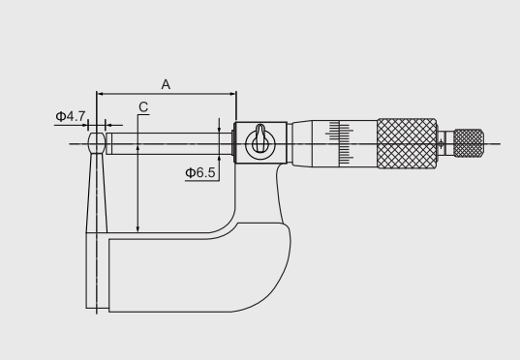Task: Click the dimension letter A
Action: [x=166, y=84]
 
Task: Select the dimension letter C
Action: [x=143, y=107]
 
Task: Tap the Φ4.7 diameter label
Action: [x=71, y=116]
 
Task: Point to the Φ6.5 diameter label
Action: [x=200, y=172]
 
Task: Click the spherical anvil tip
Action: [x=97, y=143]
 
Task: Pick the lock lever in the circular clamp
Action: [x=260, y=137]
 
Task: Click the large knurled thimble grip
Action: [x=407, y=143]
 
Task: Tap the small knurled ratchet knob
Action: [x=469, y=143]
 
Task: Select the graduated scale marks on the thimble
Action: [x=340, y=143]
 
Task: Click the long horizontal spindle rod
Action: [x=168, y=143]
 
